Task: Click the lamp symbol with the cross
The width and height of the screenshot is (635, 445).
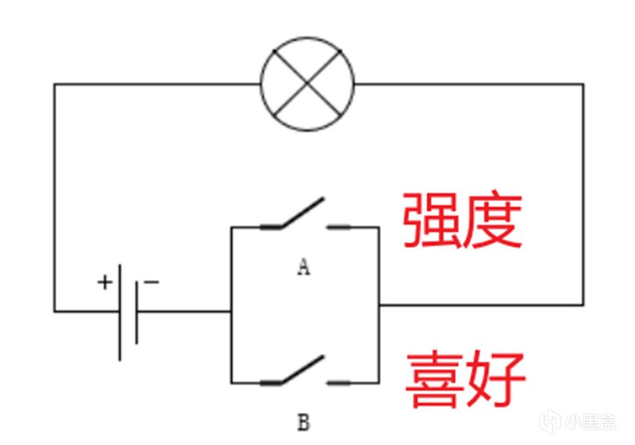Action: coord(307,83)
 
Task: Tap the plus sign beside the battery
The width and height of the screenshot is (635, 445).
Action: coord(104,282)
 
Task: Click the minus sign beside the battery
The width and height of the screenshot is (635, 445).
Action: coord(152,282)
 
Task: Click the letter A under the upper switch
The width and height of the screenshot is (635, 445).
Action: coord(303,267)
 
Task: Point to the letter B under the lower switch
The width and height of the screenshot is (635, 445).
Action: coord(303,424)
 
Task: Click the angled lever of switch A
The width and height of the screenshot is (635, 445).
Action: coord(302,212)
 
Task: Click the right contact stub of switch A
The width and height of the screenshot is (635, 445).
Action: coord(341,227)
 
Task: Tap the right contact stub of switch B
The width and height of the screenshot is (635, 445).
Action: coord(341,382)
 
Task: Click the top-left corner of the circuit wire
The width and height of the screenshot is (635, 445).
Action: coord(54,84)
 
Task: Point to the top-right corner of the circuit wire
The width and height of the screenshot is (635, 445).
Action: coord(583,84)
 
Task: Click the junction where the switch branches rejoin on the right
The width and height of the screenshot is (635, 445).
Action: coord(379,304)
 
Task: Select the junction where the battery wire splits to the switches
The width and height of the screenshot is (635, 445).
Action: coord(231,310)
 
